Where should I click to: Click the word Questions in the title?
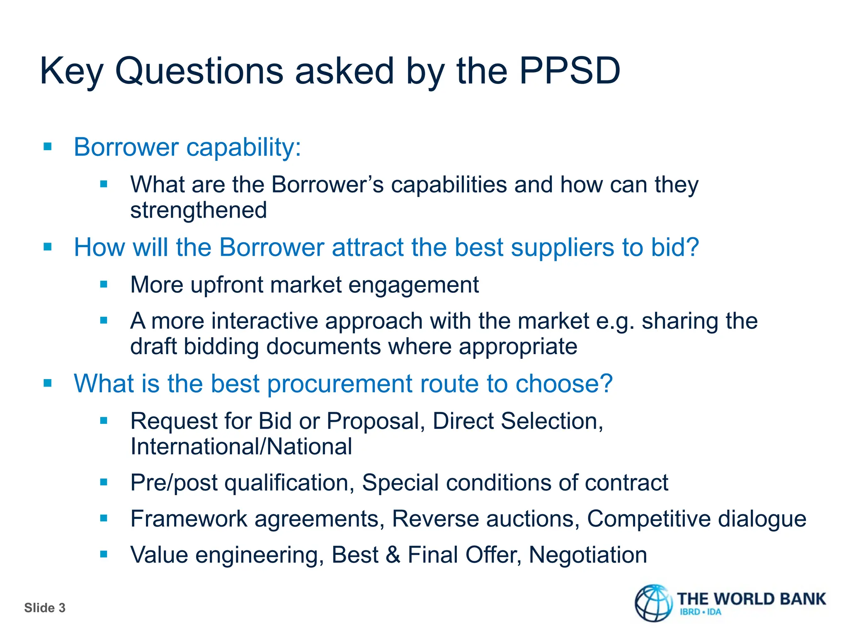coord(199,71)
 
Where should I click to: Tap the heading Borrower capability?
coord(187,147)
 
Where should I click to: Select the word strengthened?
coord(199,210)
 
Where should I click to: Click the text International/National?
coord(241,447)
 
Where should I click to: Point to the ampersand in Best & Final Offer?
coord(393,555)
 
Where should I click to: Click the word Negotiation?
coord(588,555)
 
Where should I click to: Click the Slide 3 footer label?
coord(45,608)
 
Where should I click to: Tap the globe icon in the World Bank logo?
coord(654,603)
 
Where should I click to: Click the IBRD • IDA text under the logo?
coord(701,612)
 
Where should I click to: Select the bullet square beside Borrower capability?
coord(48,146)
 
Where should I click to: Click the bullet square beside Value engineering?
coord(104,554)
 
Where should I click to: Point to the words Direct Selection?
coord(517,421)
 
